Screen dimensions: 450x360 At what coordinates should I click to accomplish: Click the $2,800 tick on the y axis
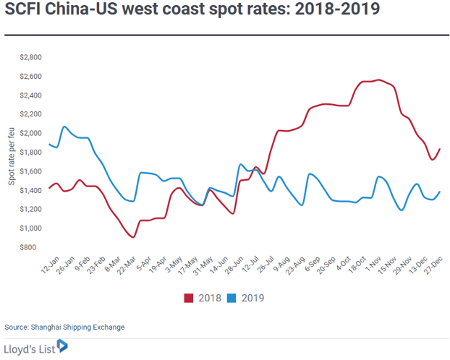coord(30,57)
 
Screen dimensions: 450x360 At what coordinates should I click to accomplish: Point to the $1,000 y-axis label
coord(30,228)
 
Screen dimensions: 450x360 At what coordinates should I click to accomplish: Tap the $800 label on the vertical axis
coord(27,247)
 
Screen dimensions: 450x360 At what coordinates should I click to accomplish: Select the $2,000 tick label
coord(30,134)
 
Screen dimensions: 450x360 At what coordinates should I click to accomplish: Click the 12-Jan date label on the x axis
coord(50,265)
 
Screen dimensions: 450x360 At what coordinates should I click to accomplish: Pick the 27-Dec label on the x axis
coord(433,265)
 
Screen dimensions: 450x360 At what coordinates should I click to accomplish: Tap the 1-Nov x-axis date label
coord(373,265)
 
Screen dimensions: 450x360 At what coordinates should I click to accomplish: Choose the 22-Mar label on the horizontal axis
coord(127,265)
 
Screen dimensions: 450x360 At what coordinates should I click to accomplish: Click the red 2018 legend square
coord(189,298)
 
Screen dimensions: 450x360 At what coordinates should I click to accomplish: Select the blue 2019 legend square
coord(232,298)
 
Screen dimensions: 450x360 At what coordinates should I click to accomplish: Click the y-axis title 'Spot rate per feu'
coord(11,156)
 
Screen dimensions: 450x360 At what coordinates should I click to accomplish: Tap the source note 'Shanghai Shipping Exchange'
coord(77,327)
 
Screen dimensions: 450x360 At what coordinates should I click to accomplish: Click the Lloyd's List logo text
coord(30,349)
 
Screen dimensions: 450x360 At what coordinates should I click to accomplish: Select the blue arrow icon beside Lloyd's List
coord(62,346)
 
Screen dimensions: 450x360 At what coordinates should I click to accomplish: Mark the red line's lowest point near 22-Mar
coord(133,238)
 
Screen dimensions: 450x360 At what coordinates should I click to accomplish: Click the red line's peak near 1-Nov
coord(379,80)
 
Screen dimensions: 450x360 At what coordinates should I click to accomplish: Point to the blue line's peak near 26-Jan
coord(64,127)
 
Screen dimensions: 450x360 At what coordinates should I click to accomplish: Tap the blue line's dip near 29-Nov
coord(402,210)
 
